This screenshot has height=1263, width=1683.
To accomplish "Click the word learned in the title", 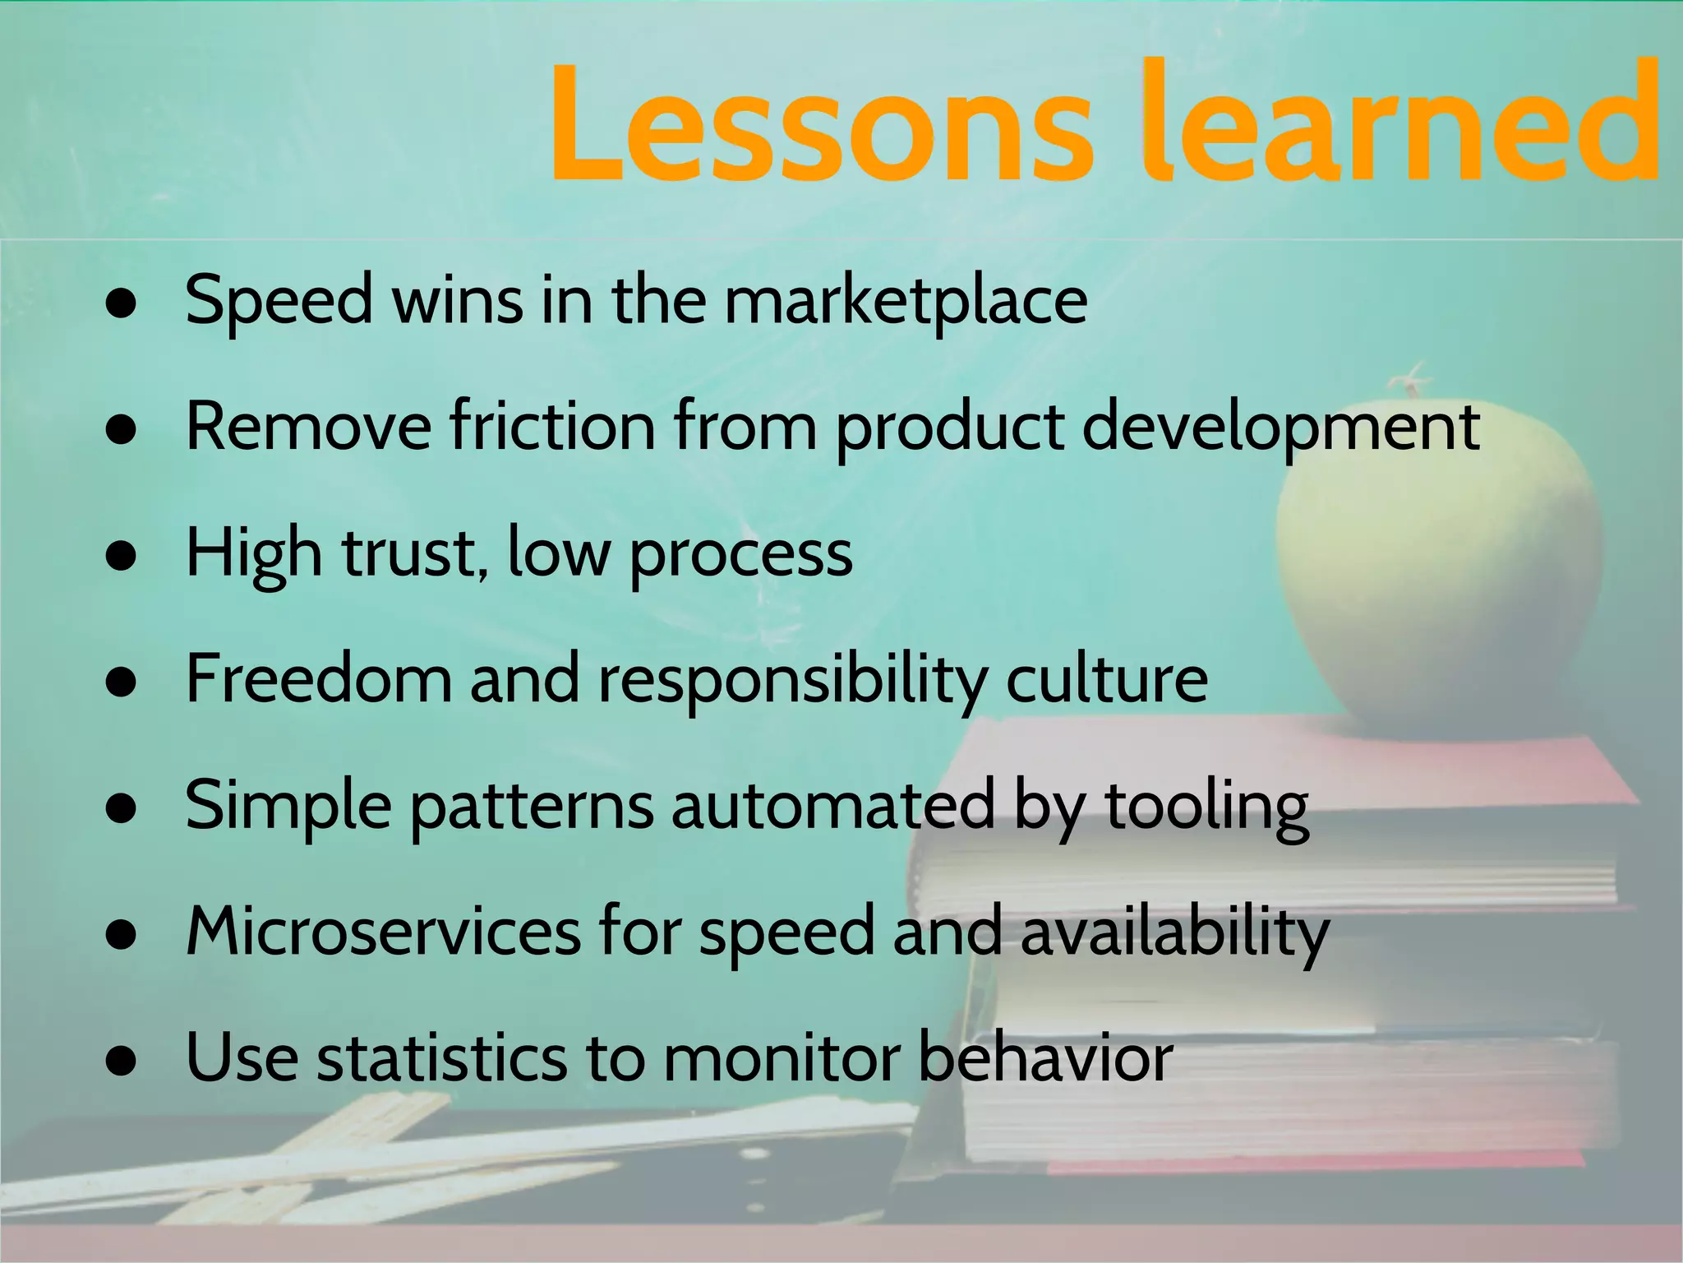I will (x=1402, y=123).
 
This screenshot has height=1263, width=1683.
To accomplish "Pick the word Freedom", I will (x=319, y=679).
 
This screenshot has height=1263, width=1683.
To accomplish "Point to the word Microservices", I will (x=383, y=932).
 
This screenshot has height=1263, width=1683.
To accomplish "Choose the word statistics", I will (x=442, y=1058).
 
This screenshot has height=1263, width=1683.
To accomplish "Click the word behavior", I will (x=1045, y=1058).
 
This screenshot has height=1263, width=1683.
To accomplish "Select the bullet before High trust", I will (x=121, y=557).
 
